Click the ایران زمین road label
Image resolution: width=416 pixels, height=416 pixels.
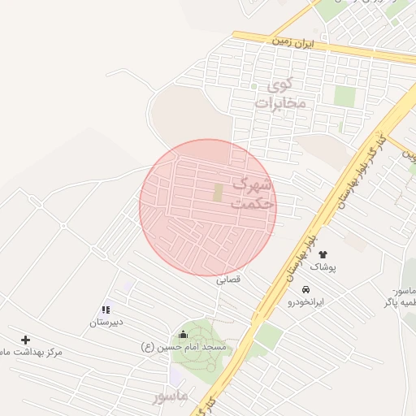point(293,40)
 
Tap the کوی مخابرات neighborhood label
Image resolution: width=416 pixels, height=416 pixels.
point(279,93)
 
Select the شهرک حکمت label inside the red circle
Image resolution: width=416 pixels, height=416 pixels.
point(253,194)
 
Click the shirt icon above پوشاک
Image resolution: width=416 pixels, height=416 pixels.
point(323,255)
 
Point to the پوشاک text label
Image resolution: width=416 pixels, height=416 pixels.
point(323,267)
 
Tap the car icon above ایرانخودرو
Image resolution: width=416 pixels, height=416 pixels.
point(305,289)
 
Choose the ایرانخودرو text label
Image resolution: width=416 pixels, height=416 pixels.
point(305,301)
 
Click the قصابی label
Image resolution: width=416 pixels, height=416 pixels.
point(227,280)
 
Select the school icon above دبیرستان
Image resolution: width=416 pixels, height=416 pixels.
point(106,310)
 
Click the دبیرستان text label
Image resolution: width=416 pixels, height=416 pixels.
point(106,322)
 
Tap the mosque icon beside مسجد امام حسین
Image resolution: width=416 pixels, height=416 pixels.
point(182,335)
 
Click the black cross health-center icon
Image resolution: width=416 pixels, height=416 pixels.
point(25,340)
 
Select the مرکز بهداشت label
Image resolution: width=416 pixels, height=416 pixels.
point(32,352)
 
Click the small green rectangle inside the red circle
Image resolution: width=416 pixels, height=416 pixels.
point(217,193)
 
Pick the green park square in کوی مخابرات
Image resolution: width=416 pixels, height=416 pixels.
point(344,96)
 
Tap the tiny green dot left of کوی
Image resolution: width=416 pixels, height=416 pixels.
point(253,86)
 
